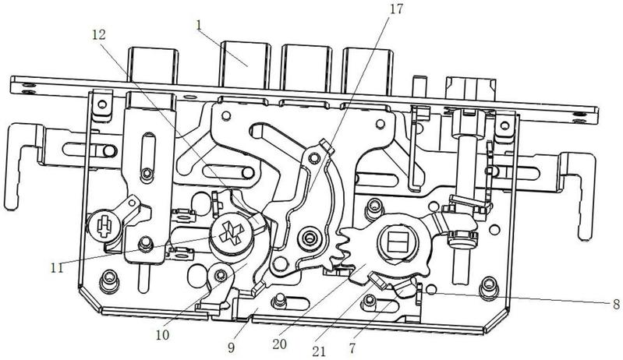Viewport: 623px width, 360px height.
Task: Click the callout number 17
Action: (395, 9)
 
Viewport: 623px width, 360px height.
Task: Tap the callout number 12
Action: (99, 35)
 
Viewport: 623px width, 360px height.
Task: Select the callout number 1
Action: (199, 25)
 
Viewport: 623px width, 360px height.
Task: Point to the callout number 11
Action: (57, 268)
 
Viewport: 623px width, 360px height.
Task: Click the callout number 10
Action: (162, 334)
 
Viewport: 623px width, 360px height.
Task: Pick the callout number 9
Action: (232, 348)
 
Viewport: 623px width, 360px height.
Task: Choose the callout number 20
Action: (279, 344)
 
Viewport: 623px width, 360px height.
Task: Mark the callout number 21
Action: (319, 351)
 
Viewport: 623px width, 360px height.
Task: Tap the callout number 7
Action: (352, 348)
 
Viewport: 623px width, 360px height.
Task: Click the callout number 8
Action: (616, 305)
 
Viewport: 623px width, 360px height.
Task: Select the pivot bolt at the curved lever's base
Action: (309, 238)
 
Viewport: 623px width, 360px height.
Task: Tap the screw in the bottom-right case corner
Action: (488, 288)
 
